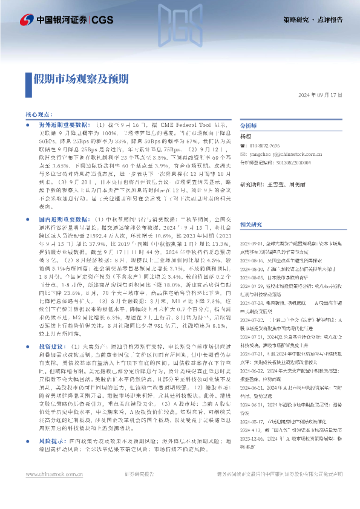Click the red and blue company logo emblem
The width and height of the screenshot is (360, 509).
(x=27, y=20)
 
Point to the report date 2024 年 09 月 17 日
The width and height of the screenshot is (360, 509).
(x=321, y=96)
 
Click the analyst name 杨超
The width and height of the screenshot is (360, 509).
(x=246, y=137)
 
